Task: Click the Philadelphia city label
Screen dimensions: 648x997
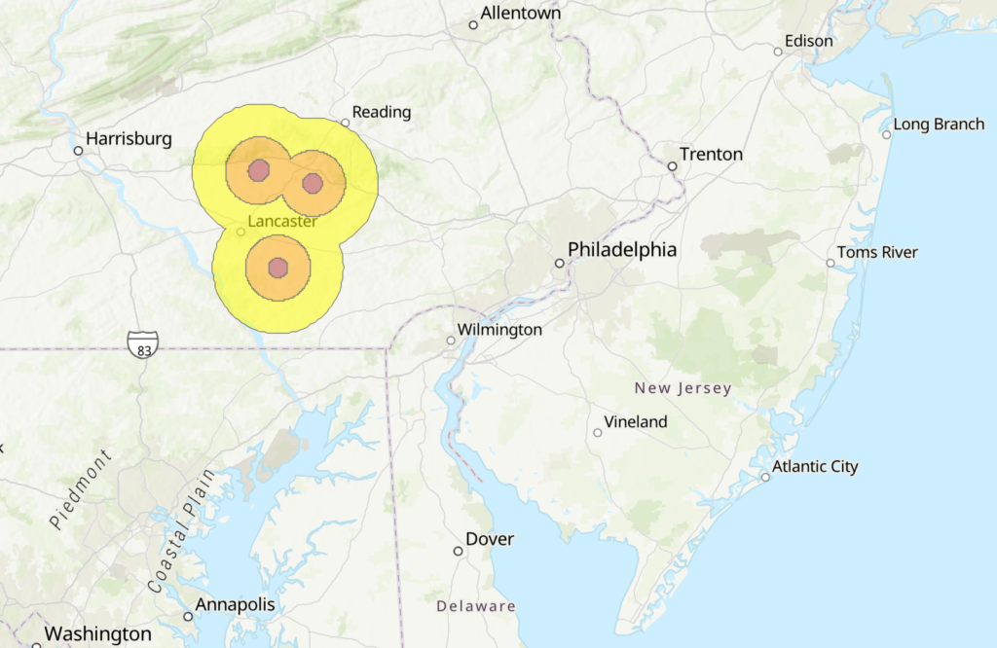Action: pyautogui.click(x=621, y=250)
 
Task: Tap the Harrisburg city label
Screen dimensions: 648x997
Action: pyautogui.click(x=129, y=139)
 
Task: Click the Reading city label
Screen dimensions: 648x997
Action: pyautogui.click(x=382, y=112)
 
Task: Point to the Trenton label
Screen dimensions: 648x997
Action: pyautogui.click(x=711, y=154)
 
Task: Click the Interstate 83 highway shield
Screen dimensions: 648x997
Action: pyautogui.click(x=142, y=343)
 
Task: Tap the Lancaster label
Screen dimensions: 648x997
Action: pyautogui.click(x=282, y=222)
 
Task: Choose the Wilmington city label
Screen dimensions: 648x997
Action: pyautogui.click(x=500, y=330)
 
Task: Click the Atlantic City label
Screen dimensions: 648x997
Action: pyautogui.click(x=815, y=466)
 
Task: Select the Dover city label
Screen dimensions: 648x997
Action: pyautogui.click(x=490, y=539)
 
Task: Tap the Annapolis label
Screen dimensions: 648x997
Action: pyautogui.click(x=235, y=604)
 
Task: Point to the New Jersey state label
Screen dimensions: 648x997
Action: pyautogui.click(x=683, y=388)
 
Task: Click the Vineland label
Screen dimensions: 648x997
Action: pyautogui.click(x=636, y=421)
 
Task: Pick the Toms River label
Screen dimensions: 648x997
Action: pyautogui.click(x=877, y=252)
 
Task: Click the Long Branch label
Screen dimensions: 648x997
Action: pyautogui.click(x=939, y=124)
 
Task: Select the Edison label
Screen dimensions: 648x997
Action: pyautogui.click(x=809, y=41)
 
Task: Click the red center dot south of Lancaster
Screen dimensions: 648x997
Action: pyautogui.click(x=277, y=268)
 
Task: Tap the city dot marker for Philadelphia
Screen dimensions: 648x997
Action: pyautogui.click(x=560, y=263)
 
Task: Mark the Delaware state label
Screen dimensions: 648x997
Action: pyautogui.click(x=475, y=606)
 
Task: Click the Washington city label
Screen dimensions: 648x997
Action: pyautogui.click(x=97, y=634)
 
